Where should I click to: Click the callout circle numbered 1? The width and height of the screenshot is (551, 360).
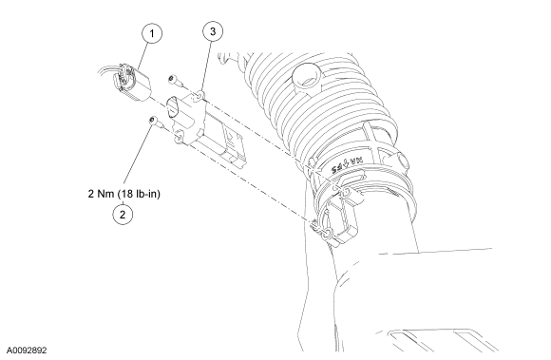click(152, 33)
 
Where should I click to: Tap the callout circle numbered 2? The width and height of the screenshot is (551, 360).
click(123, 215)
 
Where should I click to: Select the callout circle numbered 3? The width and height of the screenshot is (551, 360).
click(213, 31)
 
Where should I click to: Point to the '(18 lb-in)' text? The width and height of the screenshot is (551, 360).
click(139, 194)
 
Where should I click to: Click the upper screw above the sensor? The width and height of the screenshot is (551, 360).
click(175, 81)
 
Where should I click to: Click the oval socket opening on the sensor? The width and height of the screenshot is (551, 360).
click(172, 106)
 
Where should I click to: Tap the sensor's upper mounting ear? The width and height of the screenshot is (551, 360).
click(199, 95)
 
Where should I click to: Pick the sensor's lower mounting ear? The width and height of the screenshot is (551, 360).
click(180, 137)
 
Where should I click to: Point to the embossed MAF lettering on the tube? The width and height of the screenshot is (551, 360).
click(346, 163)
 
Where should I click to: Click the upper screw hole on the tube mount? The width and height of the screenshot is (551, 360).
click(346, 192)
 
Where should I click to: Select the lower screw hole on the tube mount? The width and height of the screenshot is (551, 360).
click(326, 234)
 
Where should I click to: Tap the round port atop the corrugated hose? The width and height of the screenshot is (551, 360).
click(307, 77)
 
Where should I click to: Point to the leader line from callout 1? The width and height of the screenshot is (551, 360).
click(143, 56)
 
